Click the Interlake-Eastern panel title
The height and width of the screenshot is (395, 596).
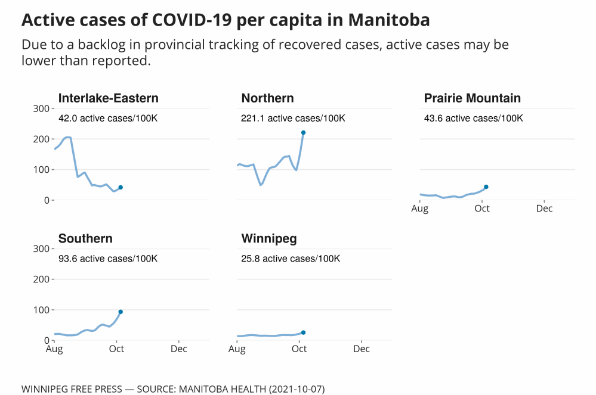tap(108, 98)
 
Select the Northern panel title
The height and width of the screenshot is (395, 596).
tap(267, 98)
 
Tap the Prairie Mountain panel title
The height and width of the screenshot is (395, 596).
tap(472, 98)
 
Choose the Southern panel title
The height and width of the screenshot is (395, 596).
tap(85, 239)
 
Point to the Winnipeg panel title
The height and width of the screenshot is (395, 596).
tap(269, 239)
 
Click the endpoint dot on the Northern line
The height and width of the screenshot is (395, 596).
tap(303, 133)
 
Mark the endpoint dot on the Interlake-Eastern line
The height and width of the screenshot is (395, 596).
tap(121, 188)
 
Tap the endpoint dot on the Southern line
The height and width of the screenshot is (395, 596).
tap(121, 312)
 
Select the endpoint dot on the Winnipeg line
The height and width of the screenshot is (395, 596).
tap(303, 332)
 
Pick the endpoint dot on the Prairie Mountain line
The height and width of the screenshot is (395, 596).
tap(486, 187)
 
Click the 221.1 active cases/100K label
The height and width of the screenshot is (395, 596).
tap(293, 119)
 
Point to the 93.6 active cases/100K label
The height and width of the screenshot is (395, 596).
tap(108, 259)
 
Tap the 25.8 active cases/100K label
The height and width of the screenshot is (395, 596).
tap(291, 259)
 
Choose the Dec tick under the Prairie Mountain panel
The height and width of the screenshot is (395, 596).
tap(544, 209)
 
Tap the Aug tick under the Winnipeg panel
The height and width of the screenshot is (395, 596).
tap(237, 349)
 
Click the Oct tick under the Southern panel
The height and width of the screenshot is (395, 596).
tap(116, 349)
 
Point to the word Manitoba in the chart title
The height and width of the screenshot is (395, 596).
tap(388, 20)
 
